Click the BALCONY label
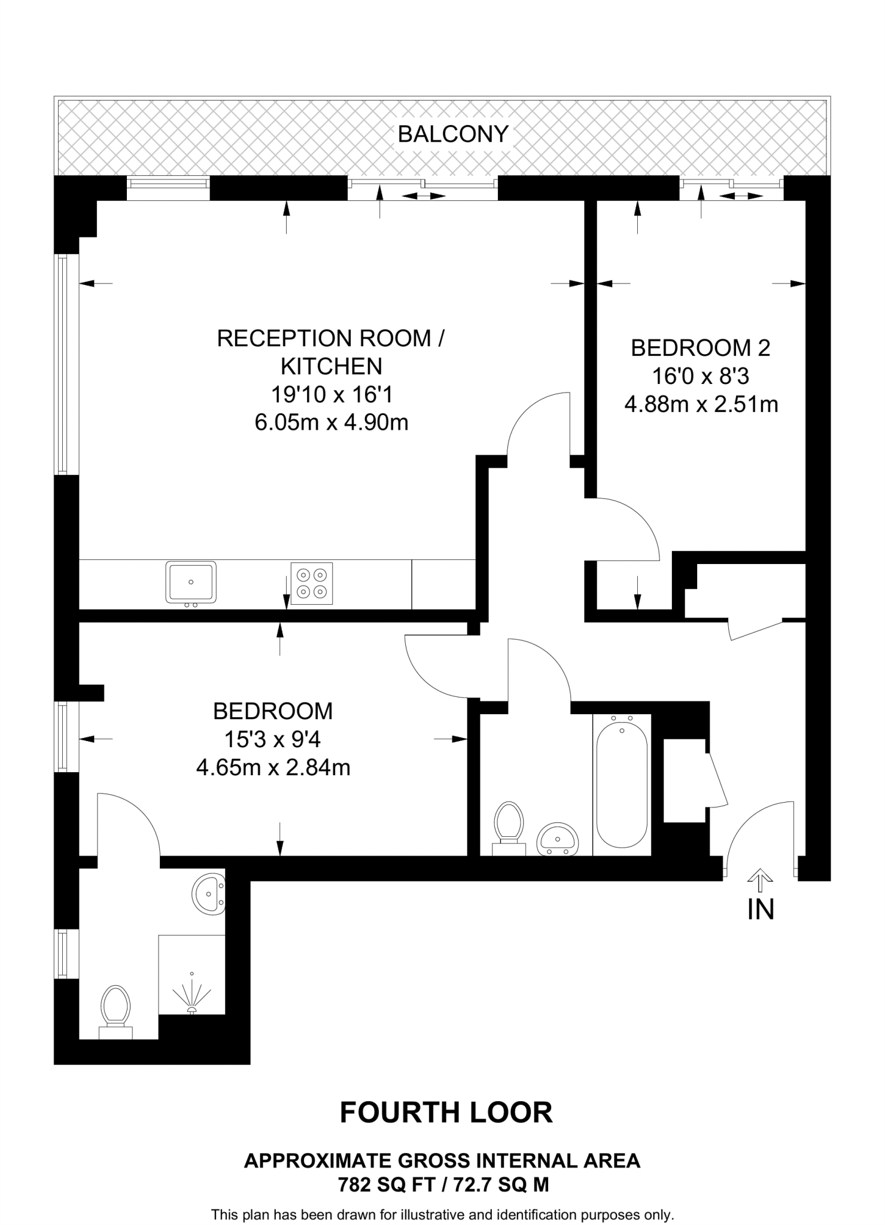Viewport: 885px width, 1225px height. coord(453,134)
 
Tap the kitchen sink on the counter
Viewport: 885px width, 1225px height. coord(191,582)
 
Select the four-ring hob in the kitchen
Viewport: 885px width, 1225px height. coord(312,583)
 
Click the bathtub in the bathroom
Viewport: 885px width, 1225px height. coord(622,784)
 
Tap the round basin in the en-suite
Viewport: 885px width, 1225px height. coord(208,894)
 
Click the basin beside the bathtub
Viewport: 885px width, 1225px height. coord(558,839)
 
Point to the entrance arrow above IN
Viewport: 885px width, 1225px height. coord(760,877)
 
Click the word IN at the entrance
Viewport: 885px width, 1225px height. coord(761,909)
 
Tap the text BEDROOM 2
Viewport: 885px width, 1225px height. coord(701,348)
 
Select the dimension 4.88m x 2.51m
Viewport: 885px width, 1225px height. coord(701,404)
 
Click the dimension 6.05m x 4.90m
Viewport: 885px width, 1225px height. coord(332,423)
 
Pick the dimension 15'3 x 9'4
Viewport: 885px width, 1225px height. coord(272,740)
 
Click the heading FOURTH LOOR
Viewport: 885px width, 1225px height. coord(446,1113)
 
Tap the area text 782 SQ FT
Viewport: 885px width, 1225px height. coord(384,1184)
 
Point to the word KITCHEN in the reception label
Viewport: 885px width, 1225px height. coord(332,366)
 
